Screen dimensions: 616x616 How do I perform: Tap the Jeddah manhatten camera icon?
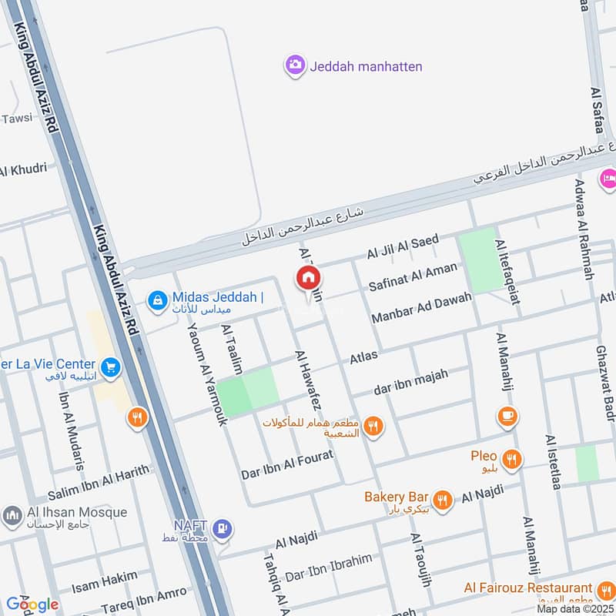294,66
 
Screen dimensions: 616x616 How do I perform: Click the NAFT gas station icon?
223,529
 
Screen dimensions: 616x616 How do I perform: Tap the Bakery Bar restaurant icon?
442,498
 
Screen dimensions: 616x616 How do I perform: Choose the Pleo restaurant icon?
512,460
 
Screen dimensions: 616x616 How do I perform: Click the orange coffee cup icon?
507,417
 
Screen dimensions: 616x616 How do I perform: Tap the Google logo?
32,604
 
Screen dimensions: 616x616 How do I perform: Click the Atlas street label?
364,357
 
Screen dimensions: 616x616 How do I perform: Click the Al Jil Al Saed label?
402,246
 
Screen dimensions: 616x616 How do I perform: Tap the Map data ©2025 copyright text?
575,608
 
